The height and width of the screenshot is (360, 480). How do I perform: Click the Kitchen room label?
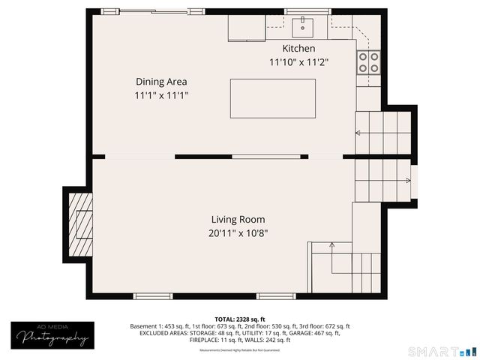click(298, 48)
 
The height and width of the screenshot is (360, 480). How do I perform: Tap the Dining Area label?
click(161, 81)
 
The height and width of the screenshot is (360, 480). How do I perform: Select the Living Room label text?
click(238, 219)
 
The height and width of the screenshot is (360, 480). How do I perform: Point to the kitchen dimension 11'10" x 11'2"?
click(298, 63)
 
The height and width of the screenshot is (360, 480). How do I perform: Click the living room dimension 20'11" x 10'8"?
click(238, 233)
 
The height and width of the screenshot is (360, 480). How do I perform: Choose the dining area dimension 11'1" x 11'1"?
click(161, 95)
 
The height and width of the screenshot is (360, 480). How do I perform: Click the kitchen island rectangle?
click(273, 98)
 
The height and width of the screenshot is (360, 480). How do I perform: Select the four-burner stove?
click(368, 62)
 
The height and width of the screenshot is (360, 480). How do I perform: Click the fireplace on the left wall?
click(80, 220)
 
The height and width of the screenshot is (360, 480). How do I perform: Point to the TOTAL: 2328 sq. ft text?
click(240, 319)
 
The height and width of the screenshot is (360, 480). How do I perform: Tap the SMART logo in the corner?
click(442, 351)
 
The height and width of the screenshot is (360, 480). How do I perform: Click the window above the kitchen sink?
click(307, 11)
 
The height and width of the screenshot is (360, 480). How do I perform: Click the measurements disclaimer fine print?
click(240, 350)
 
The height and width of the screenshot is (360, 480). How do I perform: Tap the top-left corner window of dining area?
click(110, 11)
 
